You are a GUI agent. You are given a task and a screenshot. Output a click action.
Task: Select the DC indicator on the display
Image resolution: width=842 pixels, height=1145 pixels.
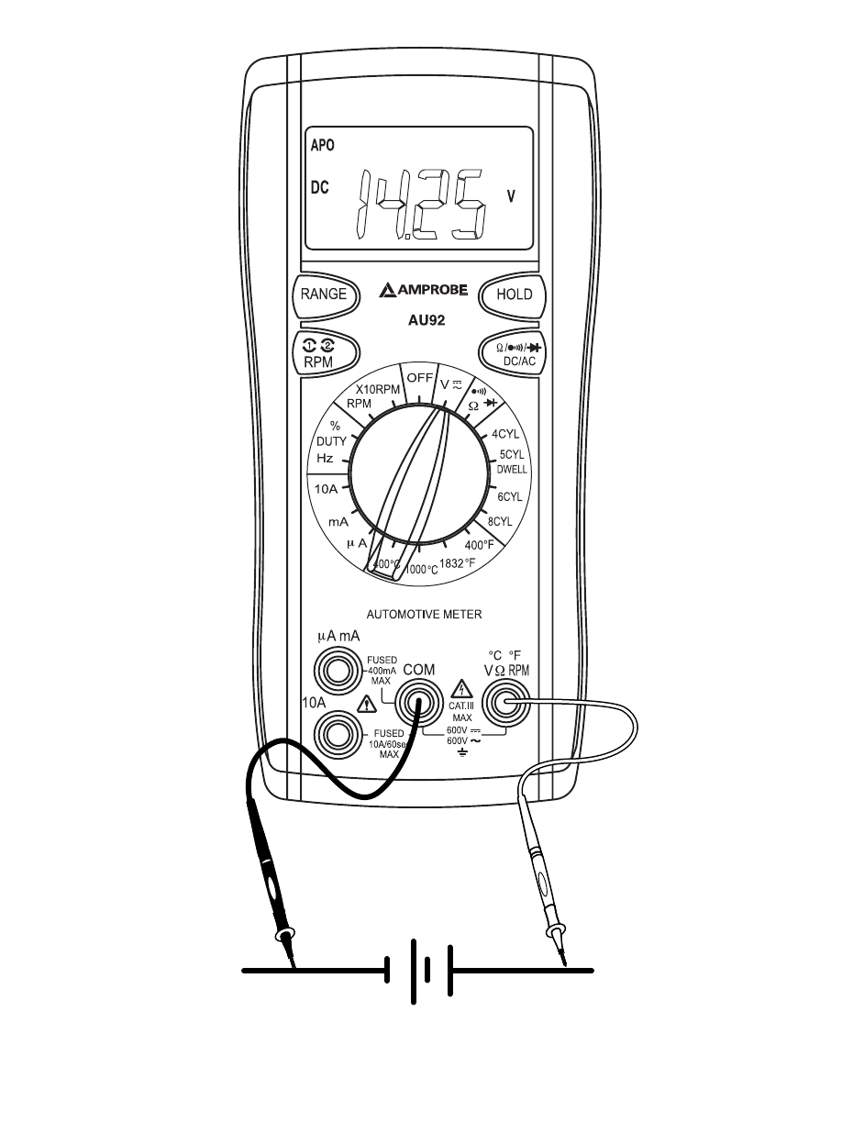pos(319,188)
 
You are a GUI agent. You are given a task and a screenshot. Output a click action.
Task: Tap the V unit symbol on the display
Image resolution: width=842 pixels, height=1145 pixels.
pos(512,195)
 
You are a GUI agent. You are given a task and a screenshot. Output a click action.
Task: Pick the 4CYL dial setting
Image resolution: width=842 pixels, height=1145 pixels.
pos(505,434)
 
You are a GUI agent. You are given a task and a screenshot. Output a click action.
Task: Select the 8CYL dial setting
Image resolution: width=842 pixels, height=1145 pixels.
pos(504,521)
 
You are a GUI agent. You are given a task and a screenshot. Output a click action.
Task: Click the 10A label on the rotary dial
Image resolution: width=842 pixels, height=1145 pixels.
pos(326,490)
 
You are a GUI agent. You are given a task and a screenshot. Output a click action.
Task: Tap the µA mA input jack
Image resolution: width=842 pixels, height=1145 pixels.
pos(337,672)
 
